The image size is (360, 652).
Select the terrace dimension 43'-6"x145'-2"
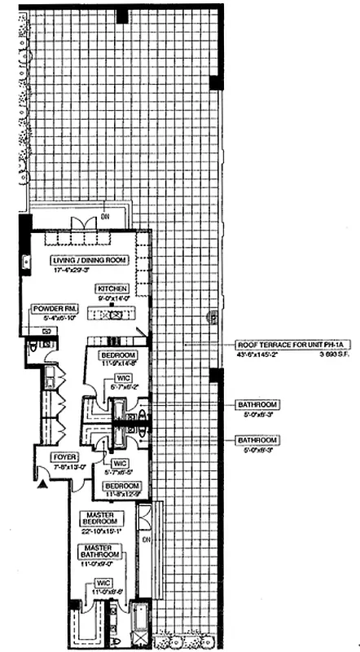coord(257,355)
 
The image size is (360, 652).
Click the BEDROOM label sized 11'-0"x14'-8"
coord(118,356)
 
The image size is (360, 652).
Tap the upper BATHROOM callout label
coord(257,404)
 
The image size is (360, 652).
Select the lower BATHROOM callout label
coord(257,439)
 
